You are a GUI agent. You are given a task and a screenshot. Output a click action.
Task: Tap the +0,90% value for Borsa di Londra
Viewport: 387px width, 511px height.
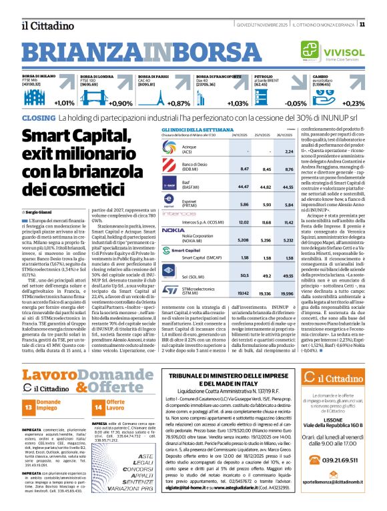click(121, 103)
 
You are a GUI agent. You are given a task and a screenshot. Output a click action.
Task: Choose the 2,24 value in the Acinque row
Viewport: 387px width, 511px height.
click(289, 151)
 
